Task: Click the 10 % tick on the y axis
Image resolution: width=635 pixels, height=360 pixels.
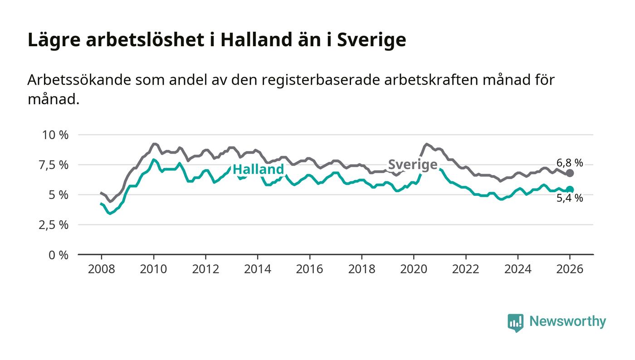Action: tap(55, 135)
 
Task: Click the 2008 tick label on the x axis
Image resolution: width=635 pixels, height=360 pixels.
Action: tap(101, 268)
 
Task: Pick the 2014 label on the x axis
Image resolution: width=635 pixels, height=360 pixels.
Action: tap(257, 268)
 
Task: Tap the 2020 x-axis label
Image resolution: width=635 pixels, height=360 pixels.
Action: tap(414, 268)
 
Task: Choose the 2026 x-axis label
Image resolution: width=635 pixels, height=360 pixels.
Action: tap(570, 268)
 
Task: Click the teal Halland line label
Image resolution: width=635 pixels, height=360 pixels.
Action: tap(258, 170)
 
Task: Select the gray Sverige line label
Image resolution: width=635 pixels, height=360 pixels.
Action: tap(413, 165)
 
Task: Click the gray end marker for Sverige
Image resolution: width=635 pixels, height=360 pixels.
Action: tap(570, 173)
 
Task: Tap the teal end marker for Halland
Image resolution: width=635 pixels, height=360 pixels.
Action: tap(570, 190)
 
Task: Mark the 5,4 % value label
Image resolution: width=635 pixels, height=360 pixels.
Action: tap(570, 198)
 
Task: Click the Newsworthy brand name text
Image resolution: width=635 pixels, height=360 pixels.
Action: tap(567, 321)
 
